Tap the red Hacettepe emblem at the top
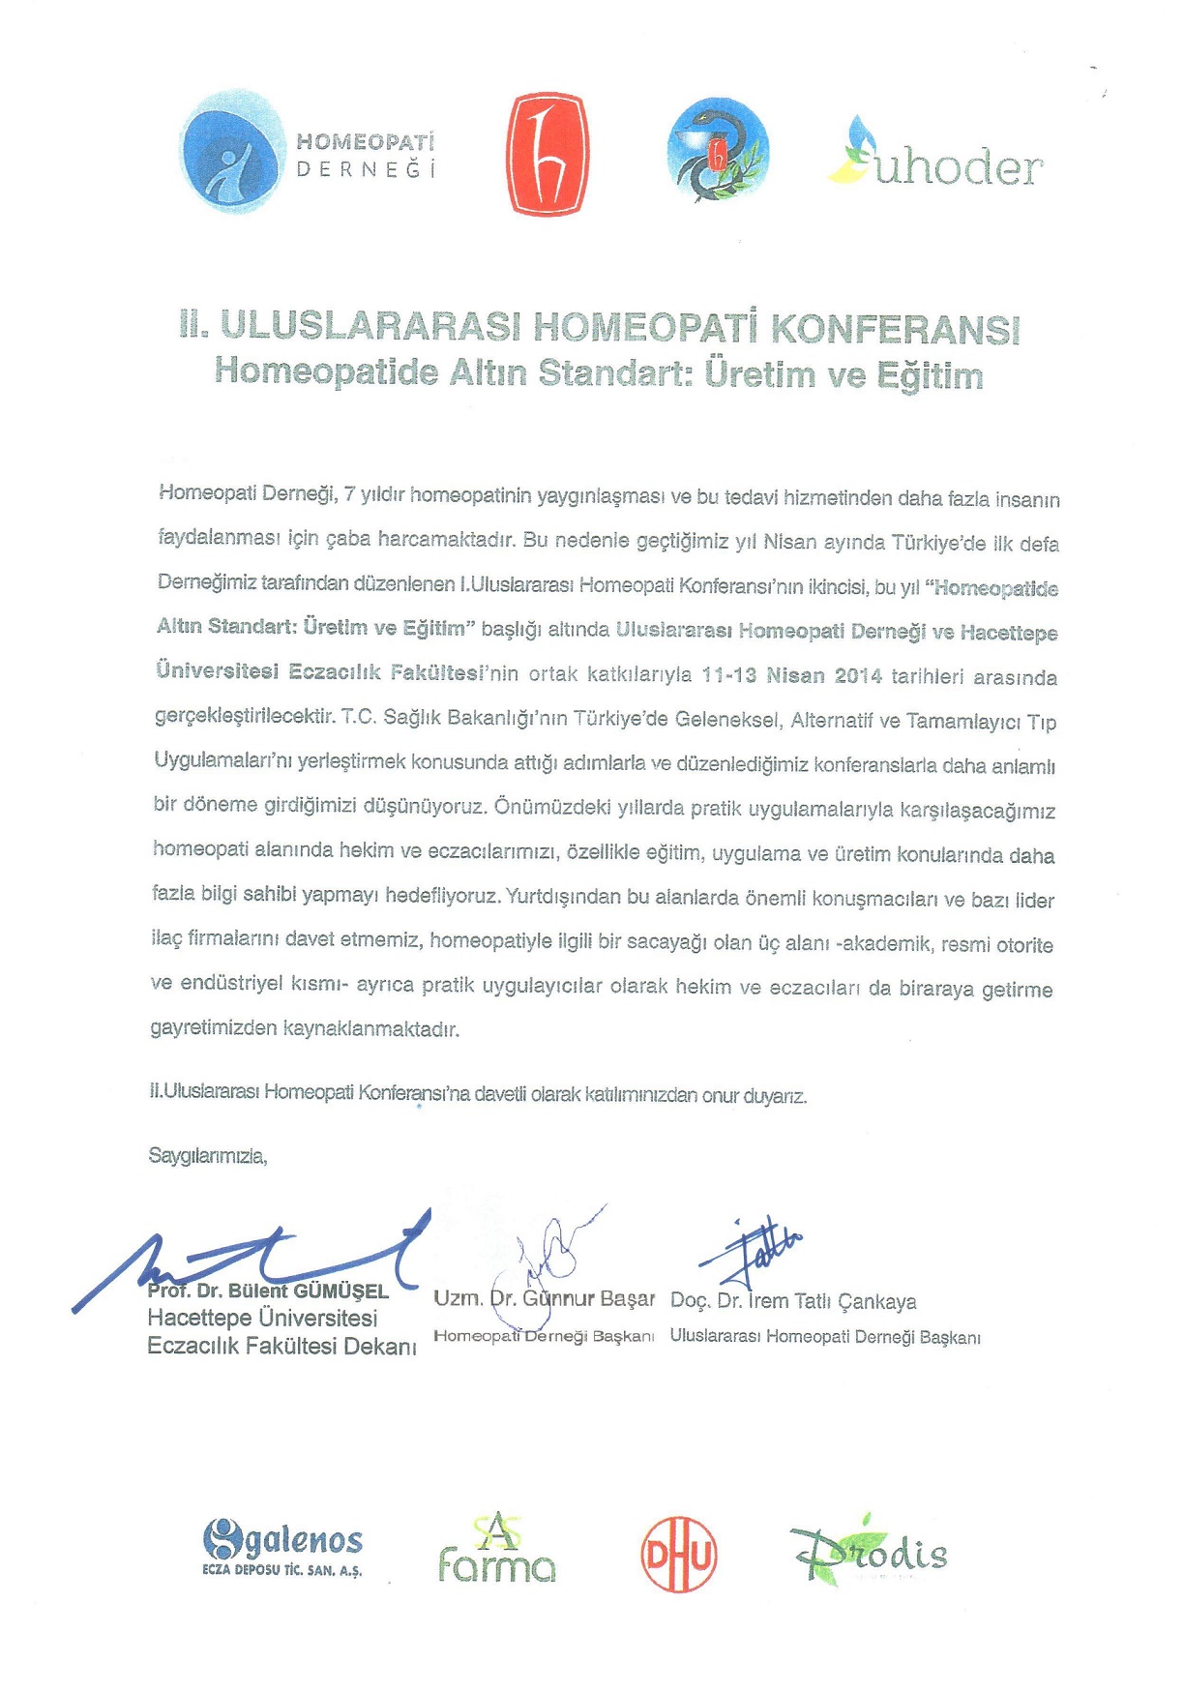click(547, 154)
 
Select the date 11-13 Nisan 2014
click(792, 675)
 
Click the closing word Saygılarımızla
click(207, 1155)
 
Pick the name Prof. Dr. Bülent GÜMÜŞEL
click(268, 1291)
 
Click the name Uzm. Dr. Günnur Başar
click(544, 1298)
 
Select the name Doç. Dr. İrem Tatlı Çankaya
click(793, 1301)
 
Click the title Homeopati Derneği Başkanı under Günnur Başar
click(544, 1336)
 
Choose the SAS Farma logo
click(497, 1550)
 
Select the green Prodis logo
click(869, 1552)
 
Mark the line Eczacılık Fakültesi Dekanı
click(281, 1346)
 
